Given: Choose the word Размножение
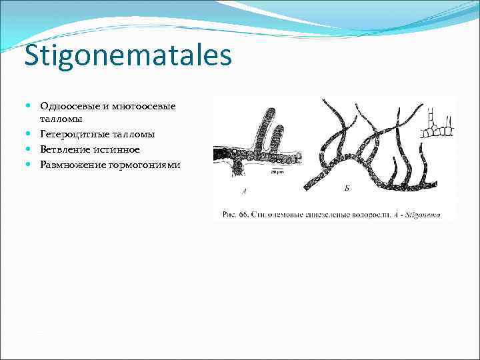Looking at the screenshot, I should tap(70, 164).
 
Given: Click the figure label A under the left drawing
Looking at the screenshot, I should tap(244, 192).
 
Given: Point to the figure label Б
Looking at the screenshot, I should tap(347, 189).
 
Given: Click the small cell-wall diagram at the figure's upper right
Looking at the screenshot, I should tap(438, 124).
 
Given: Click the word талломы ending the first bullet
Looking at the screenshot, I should tap(61, 119).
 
